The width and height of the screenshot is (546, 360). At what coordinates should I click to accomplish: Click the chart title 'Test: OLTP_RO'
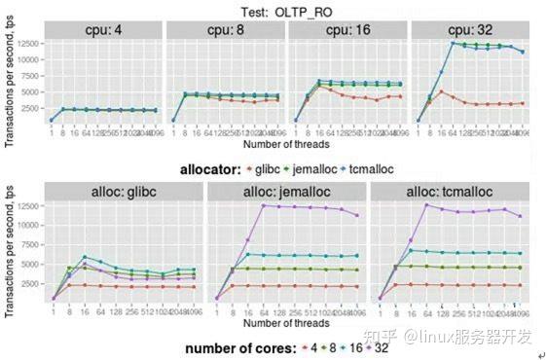[276, 11]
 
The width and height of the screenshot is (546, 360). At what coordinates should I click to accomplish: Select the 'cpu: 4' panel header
[104, 29]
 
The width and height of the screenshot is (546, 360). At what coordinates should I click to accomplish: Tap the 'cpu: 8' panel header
[226, 29]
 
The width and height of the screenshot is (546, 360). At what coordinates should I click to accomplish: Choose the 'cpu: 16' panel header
[347, 29]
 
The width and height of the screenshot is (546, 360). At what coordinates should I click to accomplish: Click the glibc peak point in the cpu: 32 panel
[443, 92]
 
